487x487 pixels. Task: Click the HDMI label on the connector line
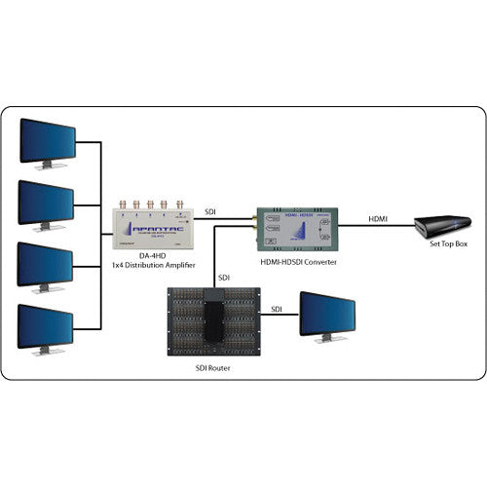[x=377, y=219]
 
